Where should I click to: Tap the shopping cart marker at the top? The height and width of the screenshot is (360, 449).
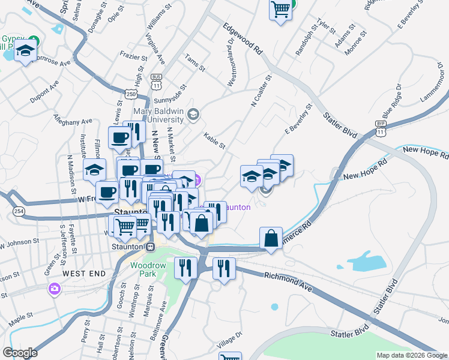(280, 10)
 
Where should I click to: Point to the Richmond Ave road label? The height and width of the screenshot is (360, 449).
(289, 280)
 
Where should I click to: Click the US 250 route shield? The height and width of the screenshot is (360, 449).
(132, 94)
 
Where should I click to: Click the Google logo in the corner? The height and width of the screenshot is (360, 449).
(19, 352)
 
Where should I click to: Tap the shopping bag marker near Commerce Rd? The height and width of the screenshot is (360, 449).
(272, 238)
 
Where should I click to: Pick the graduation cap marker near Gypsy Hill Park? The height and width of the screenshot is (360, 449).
(26, 52)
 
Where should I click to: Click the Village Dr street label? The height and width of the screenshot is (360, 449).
(229, 340)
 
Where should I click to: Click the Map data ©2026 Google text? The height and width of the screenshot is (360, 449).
(411, 355)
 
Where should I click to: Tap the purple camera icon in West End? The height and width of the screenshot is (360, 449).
(55, 289)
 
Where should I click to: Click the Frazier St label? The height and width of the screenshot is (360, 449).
(133, 59)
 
